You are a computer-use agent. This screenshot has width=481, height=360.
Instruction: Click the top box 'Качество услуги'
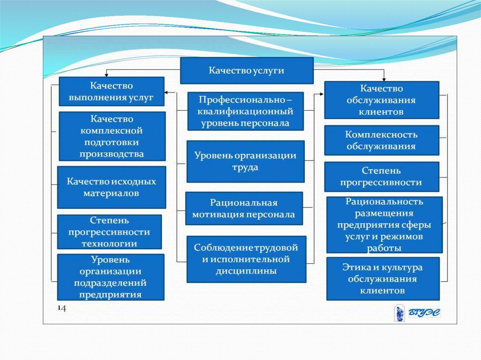pos(247,70)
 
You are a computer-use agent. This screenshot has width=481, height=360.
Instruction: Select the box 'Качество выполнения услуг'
pos(111,92)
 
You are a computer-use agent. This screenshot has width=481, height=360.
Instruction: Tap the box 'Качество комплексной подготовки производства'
pos(112,136)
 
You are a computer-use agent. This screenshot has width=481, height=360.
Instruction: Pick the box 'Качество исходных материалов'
pos(111,187)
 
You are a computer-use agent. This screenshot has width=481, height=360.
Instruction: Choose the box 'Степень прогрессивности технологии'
pos(109,232)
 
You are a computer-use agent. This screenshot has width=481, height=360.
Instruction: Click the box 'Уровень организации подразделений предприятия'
pos(110,277)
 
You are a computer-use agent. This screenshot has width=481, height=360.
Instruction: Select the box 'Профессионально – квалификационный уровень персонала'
pos(245,111)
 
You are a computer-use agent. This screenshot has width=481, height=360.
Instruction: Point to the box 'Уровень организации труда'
pos(245,161)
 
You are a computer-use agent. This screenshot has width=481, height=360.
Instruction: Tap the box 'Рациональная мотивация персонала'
pos(243,208)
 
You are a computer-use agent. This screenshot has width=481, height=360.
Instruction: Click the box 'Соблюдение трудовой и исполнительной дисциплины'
pos(246,259)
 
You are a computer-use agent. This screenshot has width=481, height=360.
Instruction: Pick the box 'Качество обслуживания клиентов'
pos(381,100)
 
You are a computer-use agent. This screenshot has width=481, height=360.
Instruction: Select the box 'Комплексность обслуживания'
pos(381,140)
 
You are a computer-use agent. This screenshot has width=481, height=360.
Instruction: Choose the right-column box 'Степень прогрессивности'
pos(381,176)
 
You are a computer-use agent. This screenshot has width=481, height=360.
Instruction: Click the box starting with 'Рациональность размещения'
pos(384,225)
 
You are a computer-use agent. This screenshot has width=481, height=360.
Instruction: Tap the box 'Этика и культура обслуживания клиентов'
pos(382,279)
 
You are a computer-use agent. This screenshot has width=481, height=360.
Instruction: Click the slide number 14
pos(62,308)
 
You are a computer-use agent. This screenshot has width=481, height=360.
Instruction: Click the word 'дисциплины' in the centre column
pos(246,271)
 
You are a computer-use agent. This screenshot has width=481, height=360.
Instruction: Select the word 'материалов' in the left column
pos(111,193)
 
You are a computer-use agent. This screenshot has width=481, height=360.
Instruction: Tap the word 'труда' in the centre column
pos(245,167)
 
